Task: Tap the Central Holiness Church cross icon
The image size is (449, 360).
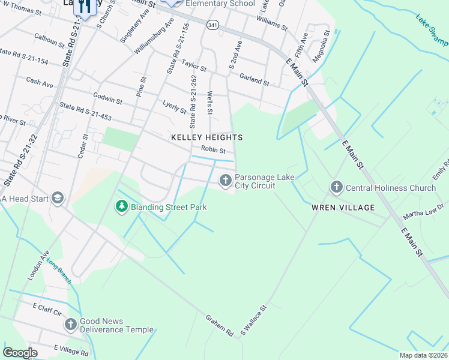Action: tap(336, 188)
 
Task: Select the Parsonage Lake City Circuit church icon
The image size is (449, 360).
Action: tap(226, 180)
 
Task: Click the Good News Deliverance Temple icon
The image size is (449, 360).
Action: tap(70, 325)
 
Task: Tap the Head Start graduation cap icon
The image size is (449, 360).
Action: tap(58, 198)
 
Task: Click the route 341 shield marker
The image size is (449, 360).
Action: tap(212, 25)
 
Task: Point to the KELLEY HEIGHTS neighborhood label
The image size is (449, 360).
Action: tap(207, 137)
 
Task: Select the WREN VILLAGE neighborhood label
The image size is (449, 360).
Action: tap(343, 208)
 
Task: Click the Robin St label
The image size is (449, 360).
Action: tap(213, 150)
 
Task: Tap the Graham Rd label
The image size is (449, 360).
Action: tap(220, 325)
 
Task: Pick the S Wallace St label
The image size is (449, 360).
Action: tap(253, 320)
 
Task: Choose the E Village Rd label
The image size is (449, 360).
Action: tap(71, 349)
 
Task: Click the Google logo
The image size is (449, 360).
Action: tap(20, 353)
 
